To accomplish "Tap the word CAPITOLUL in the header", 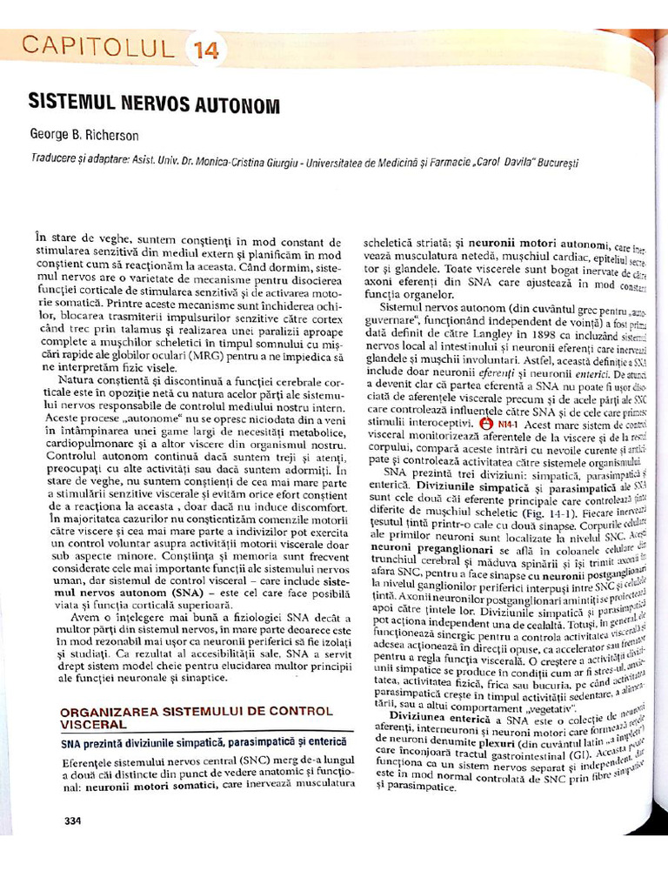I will [97, 47].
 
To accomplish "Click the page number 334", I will [73, 820].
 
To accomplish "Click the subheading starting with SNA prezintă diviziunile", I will [204, 742].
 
